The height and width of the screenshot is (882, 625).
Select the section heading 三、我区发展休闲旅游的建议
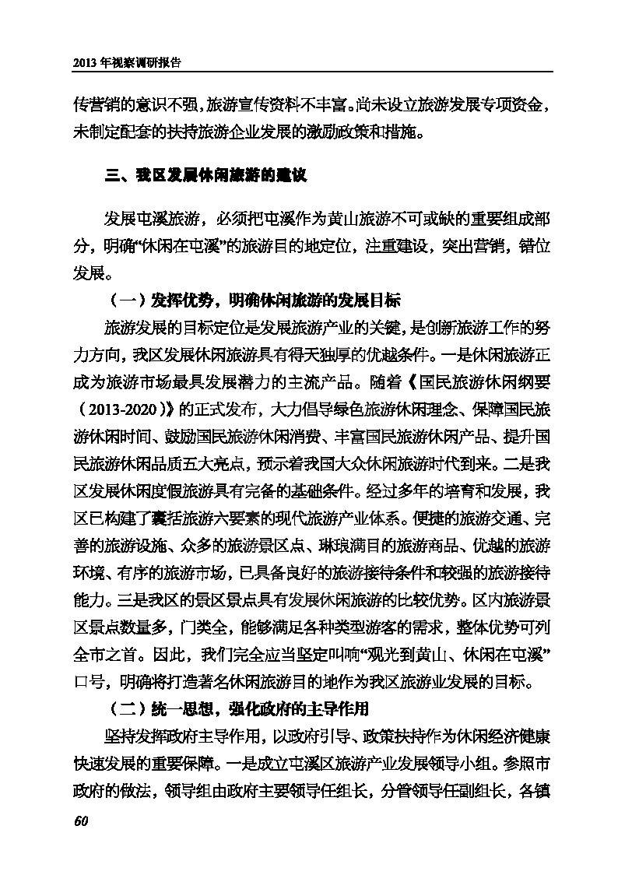pos(207,176)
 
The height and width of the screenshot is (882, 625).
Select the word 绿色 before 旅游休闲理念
pos(346,407)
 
